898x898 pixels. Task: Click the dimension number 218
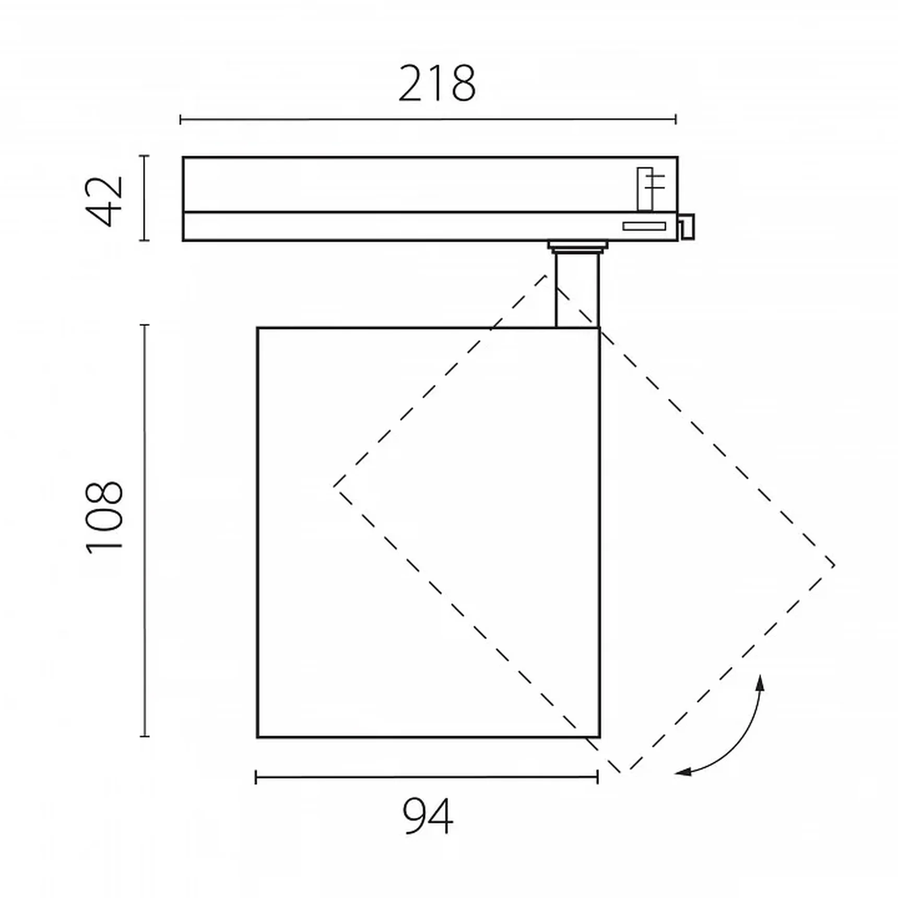pos(437,84)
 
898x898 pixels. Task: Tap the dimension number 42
pos(105,201)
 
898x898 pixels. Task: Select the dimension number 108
pos(104,517)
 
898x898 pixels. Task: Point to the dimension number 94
pos(428,817)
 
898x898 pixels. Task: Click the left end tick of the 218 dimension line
pos(181,120)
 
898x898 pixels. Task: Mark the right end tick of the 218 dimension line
pos(676,120)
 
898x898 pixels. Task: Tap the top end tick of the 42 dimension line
pos(145,156)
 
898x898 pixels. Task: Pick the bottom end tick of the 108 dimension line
pos(145,736)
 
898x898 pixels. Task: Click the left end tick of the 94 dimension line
pos(256,778)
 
